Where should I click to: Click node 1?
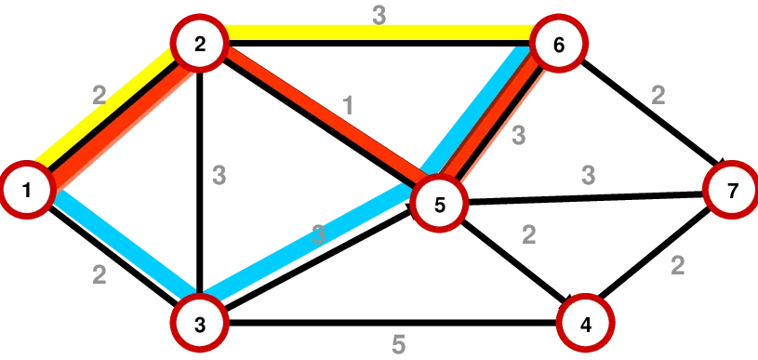(27, 191)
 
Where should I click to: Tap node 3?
(199, 324)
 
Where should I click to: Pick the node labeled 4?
(585, 324)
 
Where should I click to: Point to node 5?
(440, 205)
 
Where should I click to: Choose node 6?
(558, 45)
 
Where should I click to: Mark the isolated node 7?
(732, 191)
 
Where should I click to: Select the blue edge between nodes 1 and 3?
(121, 244)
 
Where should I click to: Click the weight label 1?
(348, 105)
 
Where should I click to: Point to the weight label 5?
(398, 345)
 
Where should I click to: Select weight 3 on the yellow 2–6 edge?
(379, 15)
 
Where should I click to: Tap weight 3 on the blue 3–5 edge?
(319, 235)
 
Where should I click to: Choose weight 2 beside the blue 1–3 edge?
(100, 274)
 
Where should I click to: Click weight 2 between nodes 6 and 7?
(658, 95)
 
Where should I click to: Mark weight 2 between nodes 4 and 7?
(677, 266)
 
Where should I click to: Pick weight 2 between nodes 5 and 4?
(528, 234)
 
